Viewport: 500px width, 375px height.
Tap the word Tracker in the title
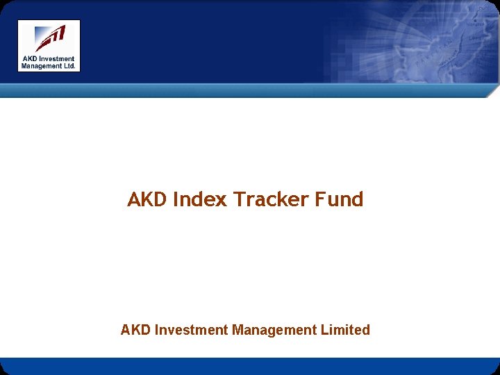click(x=271, y=199)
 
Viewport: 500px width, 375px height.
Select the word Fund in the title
click(x=340, y=199)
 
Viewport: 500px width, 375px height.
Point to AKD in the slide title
click(x=147, y=199)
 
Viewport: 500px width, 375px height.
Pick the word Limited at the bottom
click(x=345, y=330)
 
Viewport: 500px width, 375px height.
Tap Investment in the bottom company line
click(x=192, y=330)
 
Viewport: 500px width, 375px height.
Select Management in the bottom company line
click(x=274, y=331)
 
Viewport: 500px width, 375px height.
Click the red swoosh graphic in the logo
click(x=51, y=38)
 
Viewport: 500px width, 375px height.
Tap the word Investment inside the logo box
click(x=56, y=58)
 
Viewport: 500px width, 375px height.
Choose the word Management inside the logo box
click(x=41, y=67)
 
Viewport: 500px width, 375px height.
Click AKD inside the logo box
click(x=30, y=58)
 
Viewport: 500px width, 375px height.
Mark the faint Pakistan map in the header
click(x=440, y=44)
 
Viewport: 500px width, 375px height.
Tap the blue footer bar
click(x=250, y=366)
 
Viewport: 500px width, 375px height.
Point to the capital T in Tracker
click(x=239, y=199)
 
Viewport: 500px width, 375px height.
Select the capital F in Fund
click(x=320, y=199)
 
